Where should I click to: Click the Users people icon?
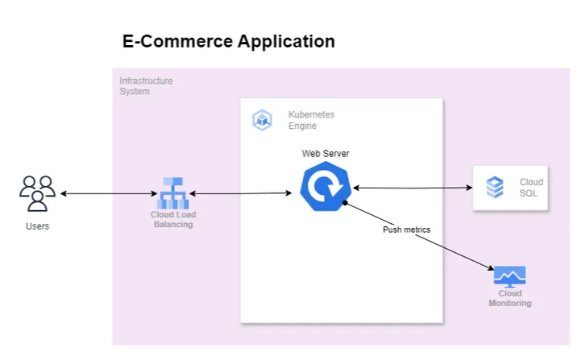(x=37, y=193)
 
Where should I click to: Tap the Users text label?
(x=37, y=226)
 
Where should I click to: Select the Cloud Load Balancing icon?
(x=172, y=192)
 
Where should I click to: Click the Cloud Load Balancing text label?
(x=173, y=220)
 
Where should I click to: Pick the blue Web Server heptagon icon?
(x=325, y=188)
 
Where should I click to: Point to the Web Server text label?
(x=326, y=153)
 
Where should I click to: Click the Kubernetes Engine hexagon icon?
(x=262, y=121)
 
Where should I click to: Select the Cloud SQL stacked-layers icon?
(x=495, y=188)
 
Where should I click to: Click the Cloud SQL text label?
(x=531, y=188)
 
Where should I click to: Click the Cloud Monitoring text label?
(x=509, y=299)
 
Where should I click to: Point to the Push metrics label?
(x=406, y=230)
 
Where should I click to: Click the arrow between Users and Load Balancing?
(x=108, y=194)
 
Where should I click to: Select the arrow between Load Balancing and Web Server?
(x=239, y=194)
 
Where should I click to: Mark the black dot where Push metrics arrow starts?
(x=344, y=203)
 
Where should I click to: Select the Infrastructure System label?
(x=146, y=86)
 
